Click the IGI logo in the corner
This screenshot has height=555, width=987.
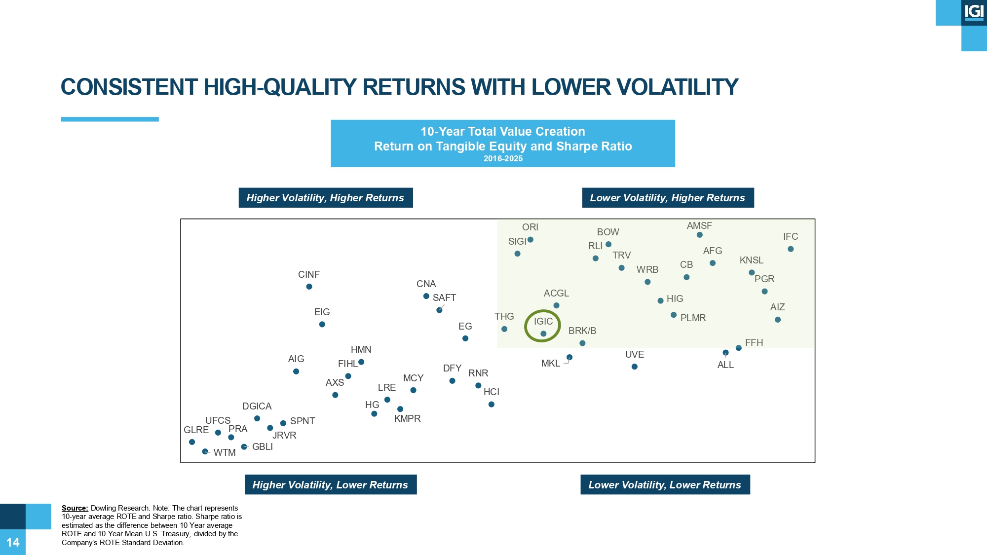coord(974,12)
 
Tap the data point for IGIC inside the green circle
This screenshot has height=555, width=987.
coord(543,333)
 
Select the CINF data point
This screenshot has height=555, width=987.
coord(309,287)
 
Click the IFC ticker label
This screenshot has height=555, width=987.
coord(791,237)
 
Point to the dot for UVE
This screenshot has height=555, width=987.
coord(635,367)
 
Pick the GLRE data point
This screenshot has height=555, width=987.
coord(192,442)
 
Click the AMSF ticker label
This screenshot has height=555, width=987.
coord(699,225)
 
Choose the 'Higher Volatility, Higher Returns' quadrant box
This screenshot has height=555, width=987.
coord(326,198)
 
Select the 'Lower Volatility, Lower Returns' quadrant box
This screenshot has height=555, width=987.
coord(665,484)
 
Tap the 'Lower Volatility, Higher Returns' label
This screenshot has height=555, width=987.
coord(668,198)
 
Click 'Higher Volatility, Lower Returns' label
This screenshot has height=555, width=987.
coord(331,484)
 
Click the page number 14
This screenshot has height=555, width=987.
coord(13,543)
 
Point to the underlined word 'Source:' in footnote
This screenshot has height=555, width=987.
coord(75,508)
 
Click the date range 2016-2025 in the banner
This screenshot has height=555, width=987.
coord(503,158)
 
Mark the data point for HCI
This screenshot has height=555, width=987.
coord(492,405)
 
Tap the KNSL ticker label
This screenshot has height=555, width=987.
coord(752,260)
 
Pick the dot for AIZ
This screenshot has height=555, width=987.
coord(778,320)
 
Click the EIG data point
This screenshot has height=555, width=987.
coord(322,324)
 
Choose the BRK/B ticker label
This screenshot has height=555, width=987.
coord(582,331)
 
